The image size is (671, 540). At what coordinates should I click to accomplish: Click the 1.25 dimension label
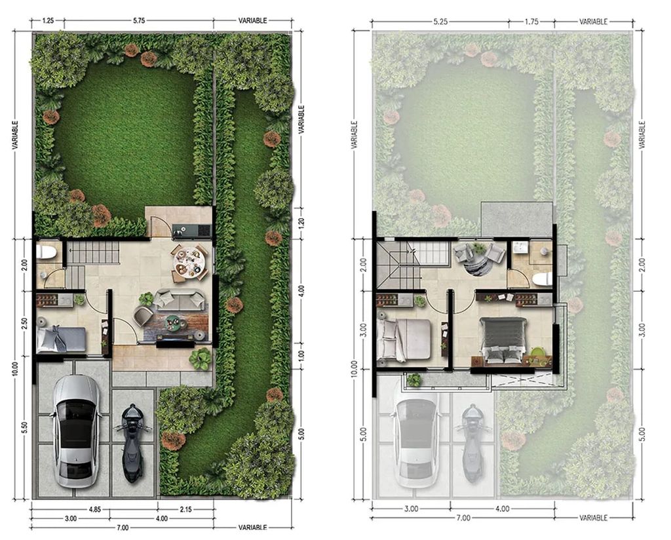click(x=48, y=20)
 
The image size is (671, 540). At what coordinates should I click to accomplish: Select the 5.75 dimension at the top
click(x=139, y=20)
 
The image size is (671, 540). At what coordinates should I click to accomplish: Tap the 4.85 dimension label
click(x=94, y=509)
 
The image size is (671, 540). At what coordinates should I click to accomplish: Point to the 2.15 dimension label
click(x=185, y=509)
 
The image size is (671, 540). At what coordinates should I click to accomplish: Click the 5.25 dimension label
click(x=440, y=22)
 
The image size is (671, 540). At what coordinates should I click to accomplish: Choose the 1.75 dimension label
click(x=531, y=22)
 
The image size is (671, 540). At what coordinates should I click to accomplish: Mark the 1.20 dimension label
click(x=301, y=223)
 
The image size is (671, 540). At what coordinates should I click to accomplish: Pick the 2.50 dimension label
click(x=25, y=323)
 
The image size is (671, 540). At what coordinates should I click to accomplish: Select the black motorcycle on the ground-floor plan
click(x=132, y=443)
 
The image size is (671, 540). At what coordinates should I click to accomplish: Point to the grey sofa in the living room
click(x=180, y=299)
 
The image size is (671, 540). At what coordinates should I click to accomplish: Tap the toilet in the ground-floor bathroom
click(x=47, y=253)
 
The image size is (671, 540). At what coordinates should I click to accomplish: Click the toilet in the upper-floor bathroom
click(x=543, y=279)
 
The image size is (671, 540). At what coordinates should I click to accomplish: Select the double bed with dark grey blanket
click(x=504, y=340)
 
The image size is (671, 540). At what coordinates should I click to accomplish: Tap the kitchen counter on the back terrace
click(x=192, y=231)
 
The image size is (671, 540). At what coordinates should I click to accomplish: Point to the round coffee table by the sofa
click(x=174, y=322)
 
